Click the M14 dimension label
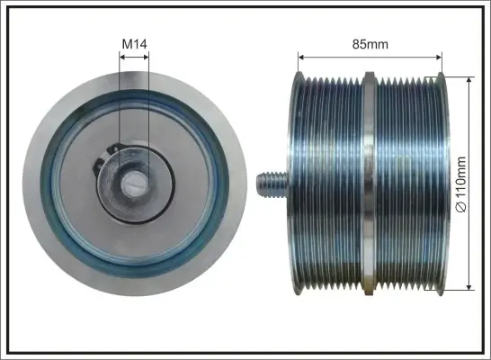coord(134,44)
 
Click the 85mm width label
coord(370,44)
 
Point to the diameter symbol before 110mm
coord(461,207)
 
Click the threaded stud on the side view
coord(272,184)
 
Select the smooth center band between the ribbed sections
coord(370,184)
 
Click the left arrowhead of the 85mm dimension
coord(301,57)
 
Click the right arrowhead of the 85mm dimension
coord(439,57)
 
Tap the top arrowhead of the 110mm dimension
coord(469,80)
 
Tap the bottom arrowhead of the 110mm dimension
coord(469,286)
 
